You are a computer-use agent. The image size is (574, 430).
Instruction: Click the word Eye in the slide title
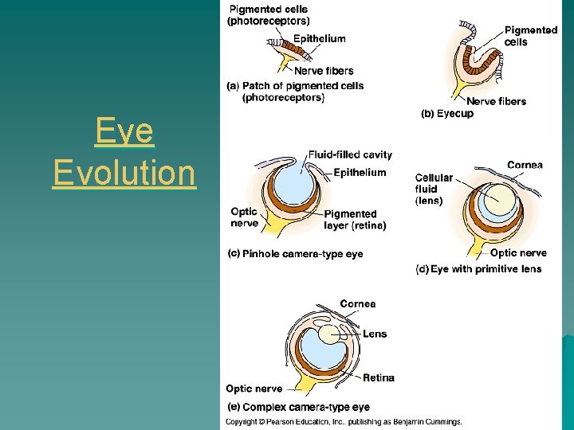[124, 131]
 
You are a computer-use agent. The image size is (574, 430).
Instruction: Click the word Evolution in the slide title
[124, 172]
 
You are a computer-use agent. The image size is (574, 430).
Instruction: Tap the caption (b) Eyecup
[446, 114]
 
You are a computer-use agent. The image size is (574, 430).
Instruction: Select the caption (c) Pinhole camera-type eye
[295, 254]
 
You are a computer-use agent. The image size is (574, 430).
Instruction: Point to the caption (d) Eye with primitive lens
[478, 269]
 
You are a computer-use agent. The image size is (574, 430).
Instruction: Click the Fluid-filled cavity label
[350, 154]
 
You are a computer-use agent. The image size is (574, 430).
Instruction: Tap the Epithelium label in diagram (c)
[360, 173]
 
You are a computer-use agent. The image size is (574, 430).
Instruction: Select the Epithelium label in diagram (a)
[319, 38]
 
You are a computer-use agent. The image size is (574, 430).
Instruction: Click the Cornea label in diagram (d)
[525, 166]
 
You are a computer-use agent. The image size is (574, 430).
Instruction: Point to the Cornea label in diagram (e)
[357, 304]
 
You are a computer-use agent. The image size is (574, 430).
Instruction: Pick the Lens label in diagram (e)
[375, 334]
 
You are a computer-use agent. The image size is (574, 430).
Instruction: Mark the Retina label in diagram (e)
[379, 377]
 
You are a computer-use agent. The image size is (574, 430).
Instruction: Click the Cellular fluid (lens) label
[434, 190]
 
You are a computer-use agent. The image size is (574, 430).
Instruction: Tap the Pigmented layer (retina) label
[355, 220]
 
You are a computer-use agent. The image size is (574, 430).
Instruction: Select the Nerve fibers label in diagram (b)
[496, 101]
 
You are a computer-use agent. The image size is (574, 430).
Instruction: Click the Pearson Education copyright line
[344, 422]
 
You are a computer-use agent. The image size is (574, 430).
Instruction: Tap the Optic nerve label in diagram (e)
[254, 389]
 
